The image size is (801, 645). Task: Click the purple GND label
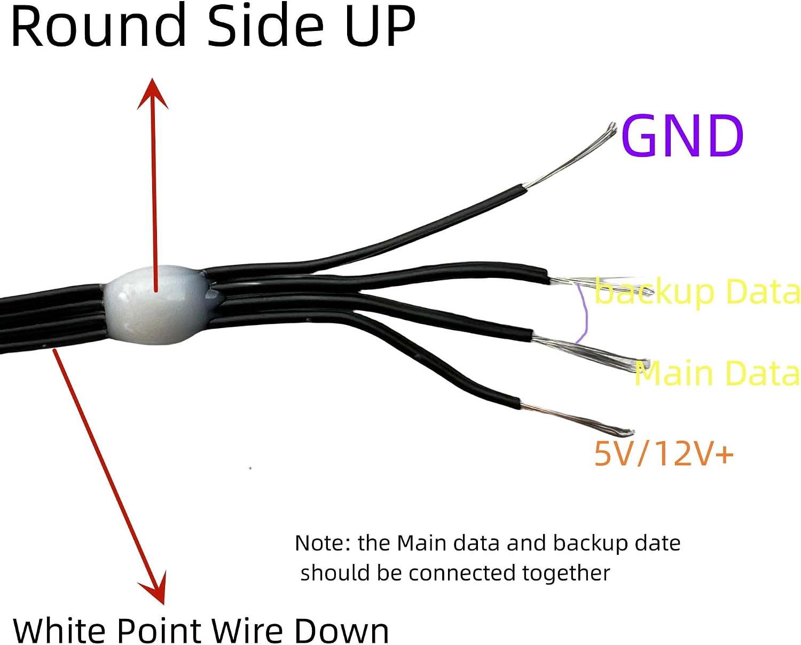coord(682,136)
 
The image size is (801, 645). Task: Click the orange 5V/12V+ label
coord(664,453)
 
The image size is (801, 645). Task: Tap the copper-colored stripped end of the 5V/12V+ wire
coord(576,421)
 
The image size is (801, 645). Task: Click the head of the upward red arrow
coord(152,93)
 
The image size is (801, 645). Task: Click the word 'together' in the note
coord(566,573)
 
